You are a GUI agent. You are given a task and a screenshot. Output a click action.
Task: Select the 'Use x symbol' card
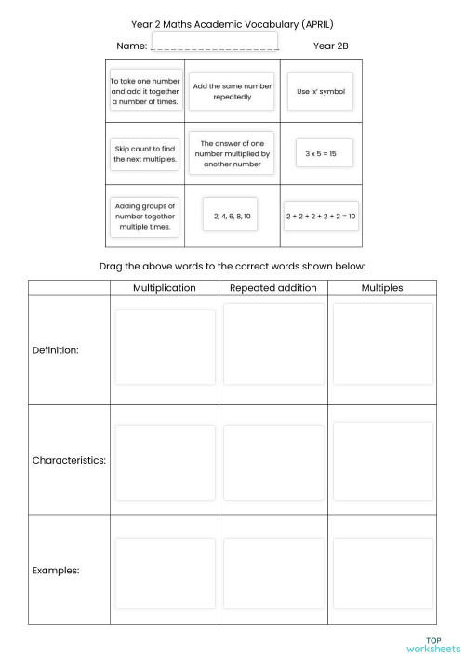point(320,91)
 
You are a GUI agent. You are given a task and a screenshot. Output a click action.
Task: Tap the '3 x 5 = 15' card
point(320,152)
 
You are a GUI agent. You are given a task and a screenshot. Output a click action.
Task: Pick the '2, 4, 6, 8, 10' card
point(232,216)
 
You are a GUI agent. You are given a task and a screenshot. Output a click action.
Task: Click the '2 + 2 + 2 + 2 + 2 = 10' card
point(320,216)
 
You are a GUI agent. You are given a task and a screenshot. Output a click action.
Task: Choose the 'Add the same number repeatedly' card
point(232,91)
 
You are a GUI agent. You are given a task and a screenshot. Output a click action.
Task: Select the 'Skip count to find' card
point(145,152)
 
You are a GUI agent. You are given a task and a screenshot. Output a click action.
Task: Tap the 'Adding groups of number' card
point(145,216)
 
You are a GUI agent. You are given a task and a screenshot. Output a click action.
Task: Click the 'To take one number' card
point(145,91)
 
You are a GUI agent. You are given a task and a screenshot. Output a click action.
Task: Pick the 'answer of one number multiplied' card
point(232,152)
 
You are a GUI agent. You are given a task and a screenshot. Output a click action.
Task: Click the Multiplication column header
point(164,287)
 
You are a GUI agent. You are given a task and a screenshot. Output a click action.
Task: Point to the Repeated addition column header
point(272,287)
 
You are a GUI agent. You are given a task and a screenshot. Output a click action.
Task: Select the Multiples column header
point(381,287)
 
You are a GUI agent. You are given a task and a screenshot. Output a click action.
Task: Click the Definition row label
point(56,350)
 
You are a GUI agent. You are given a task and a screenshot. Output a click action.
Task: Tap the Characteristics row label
point(69,460)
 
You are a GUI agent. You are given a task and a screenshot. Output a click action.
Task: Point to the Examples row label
point(56,570)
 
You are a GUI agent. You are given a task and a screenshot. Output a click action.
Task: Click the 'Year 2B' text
point(330,44)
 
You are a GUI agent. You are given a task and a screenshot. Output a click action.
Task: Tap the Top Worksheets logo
point(432,644)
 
